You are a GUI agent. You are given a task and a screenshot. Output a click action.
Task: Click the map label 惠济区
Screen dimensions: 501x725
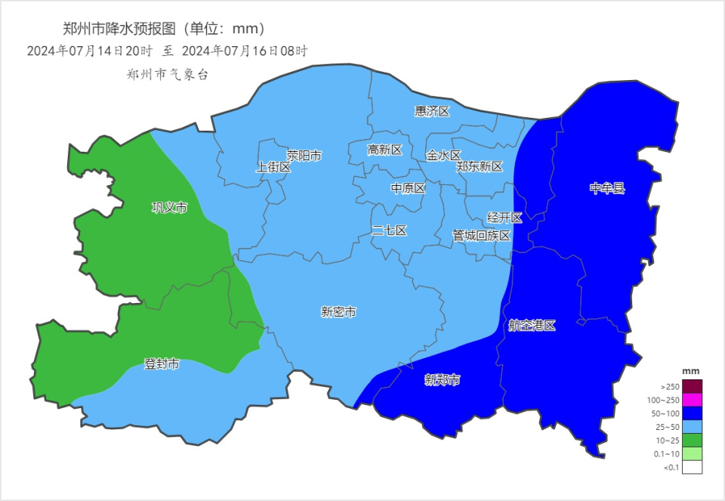[432, 111]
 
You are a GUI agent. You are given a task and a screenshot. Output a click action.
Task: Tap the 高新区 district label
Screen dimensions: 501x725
[384, 150]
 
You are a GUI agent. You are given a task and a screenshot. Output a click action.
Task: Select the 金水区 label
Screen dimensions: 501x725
[443, 156]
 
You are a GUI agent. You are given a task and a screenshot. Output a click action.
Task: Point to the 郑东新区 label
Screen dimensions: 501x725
[480, 166]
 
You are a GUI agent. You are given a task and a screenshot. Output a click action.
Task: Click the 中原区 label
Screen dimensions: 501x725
[408, 188]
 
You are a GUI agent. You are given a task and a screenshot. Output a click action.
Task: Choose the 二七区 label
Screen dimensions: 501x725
[389, 230]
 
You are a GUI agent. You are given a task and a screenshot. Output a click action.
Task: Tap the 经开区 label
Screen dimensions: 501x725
[504, 218]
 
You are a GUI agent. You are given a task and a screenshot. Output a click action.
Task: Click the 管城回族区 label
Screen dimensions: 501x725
[482, 235]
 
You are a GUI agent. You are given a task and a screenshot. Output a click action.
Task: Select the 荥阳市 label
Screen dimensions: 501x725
[304, 156]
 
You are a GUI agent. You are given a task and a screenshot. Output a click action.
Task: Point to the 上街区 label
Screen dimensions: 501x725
[273, 167]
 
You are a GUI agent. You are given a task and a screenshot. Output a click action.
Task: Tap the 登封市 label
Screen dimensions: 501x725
[162, 364]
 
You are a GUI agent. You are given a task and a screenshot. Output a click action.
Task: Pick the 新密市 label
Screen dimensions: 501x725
[338, 311]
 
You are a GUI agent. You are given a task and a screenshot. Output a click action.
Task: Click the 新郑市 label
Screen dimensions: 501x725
[442, 379]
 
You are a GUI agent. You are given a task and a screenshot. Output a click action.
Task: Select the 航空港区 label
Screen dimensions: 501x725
[532, 326]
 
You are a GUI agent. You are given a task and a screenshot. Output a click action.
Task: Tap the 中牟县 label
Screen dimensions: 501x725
[607, 188]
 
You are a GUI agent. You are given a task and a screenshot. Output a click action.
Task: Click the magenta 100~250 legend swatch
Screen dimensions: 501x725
[692, 400]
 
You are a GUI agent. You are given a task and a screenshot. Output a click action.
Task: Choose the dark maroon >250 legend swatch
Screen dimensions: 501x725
[692, 386]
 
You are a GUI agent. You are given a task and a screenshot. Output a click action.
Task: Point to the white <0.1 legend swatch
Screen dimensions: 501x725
[692, 467]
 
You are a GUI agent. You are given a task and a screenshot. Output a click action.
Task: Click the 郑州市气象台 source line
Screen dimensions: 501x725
[167, 74]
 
